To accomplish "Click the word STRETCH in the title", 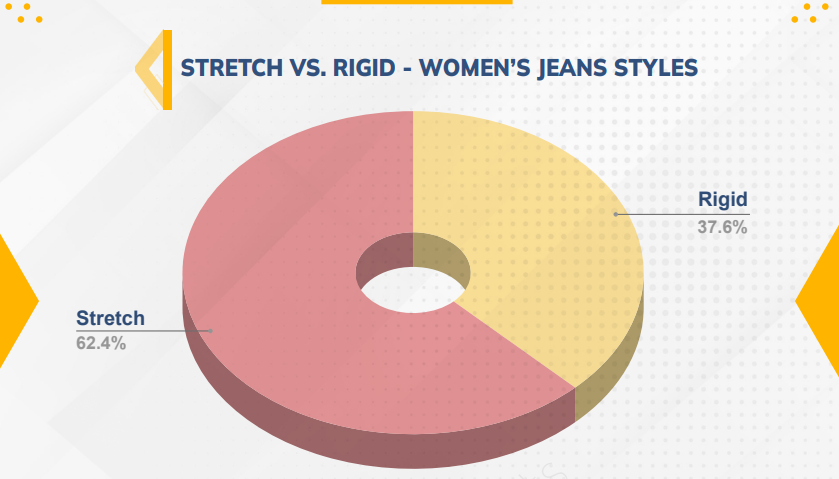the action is (x=232, y=68).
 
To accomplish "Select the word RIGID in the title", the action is (x=364, y=68).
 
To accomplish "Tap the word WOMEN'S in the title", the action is (x=475, y=68).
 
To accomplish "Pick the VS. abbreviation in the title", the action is (x=308, y=68).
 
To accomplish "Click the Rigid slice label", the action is (x=722, y=200).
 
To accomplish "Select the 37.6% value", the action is (x=722, y=227).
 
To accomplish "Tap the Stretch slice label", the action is (x=110, y=318).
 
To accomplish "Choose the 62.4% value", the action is (x=101, y=343).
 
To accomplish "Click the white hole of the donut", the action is (x=413, y=290).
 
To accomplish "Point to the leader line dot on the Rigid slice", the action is (x=615, y=214).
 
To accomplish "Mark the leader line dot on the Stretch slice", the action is (x=211, y=331).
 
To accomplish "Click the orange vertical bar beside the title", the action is (x=167, y=70).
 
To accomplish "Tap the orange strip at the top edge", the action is (x=417, y=2).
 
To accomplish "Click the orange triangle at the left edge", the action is (x=15, y=301).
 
